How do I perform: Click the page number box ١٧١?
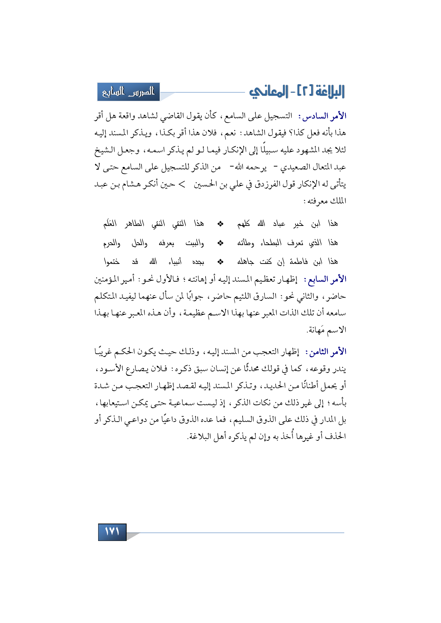click(112, 532)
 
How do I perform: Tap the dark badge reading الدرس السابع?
click(128, 92)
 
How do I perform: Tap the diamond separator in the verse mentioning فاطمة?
click(220, 262)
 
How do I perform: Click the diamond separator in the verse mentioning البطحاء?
click(220, 243)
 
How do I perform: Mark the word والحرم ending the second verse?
click(112, 243)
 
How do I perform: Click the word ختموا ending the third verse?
click(112, 262)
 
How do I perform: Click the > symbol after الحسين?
click(182, 184)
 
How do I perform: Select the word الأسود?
click(114, 369)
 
